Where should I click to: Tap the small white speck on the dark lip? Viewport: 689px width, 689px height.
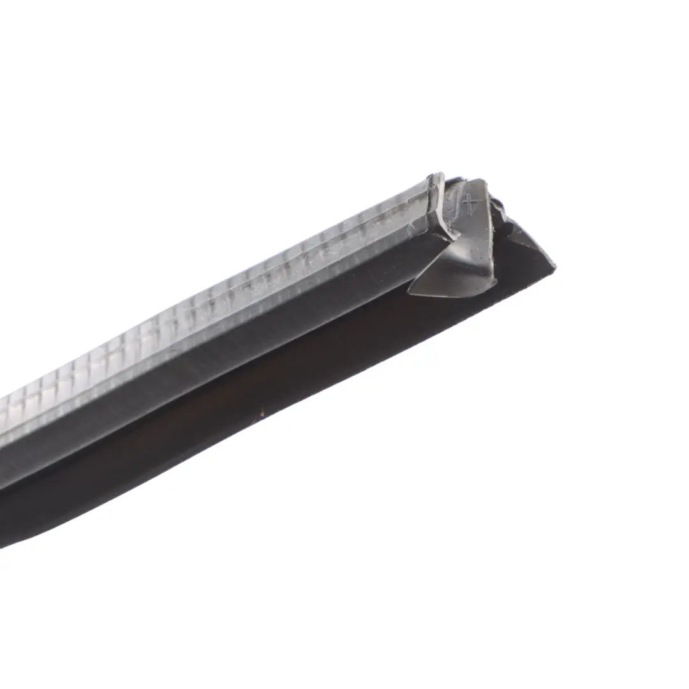[x=262, y=413]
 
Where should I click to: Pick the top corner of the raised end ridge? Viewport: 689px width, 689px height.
[x=438, y=175]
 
